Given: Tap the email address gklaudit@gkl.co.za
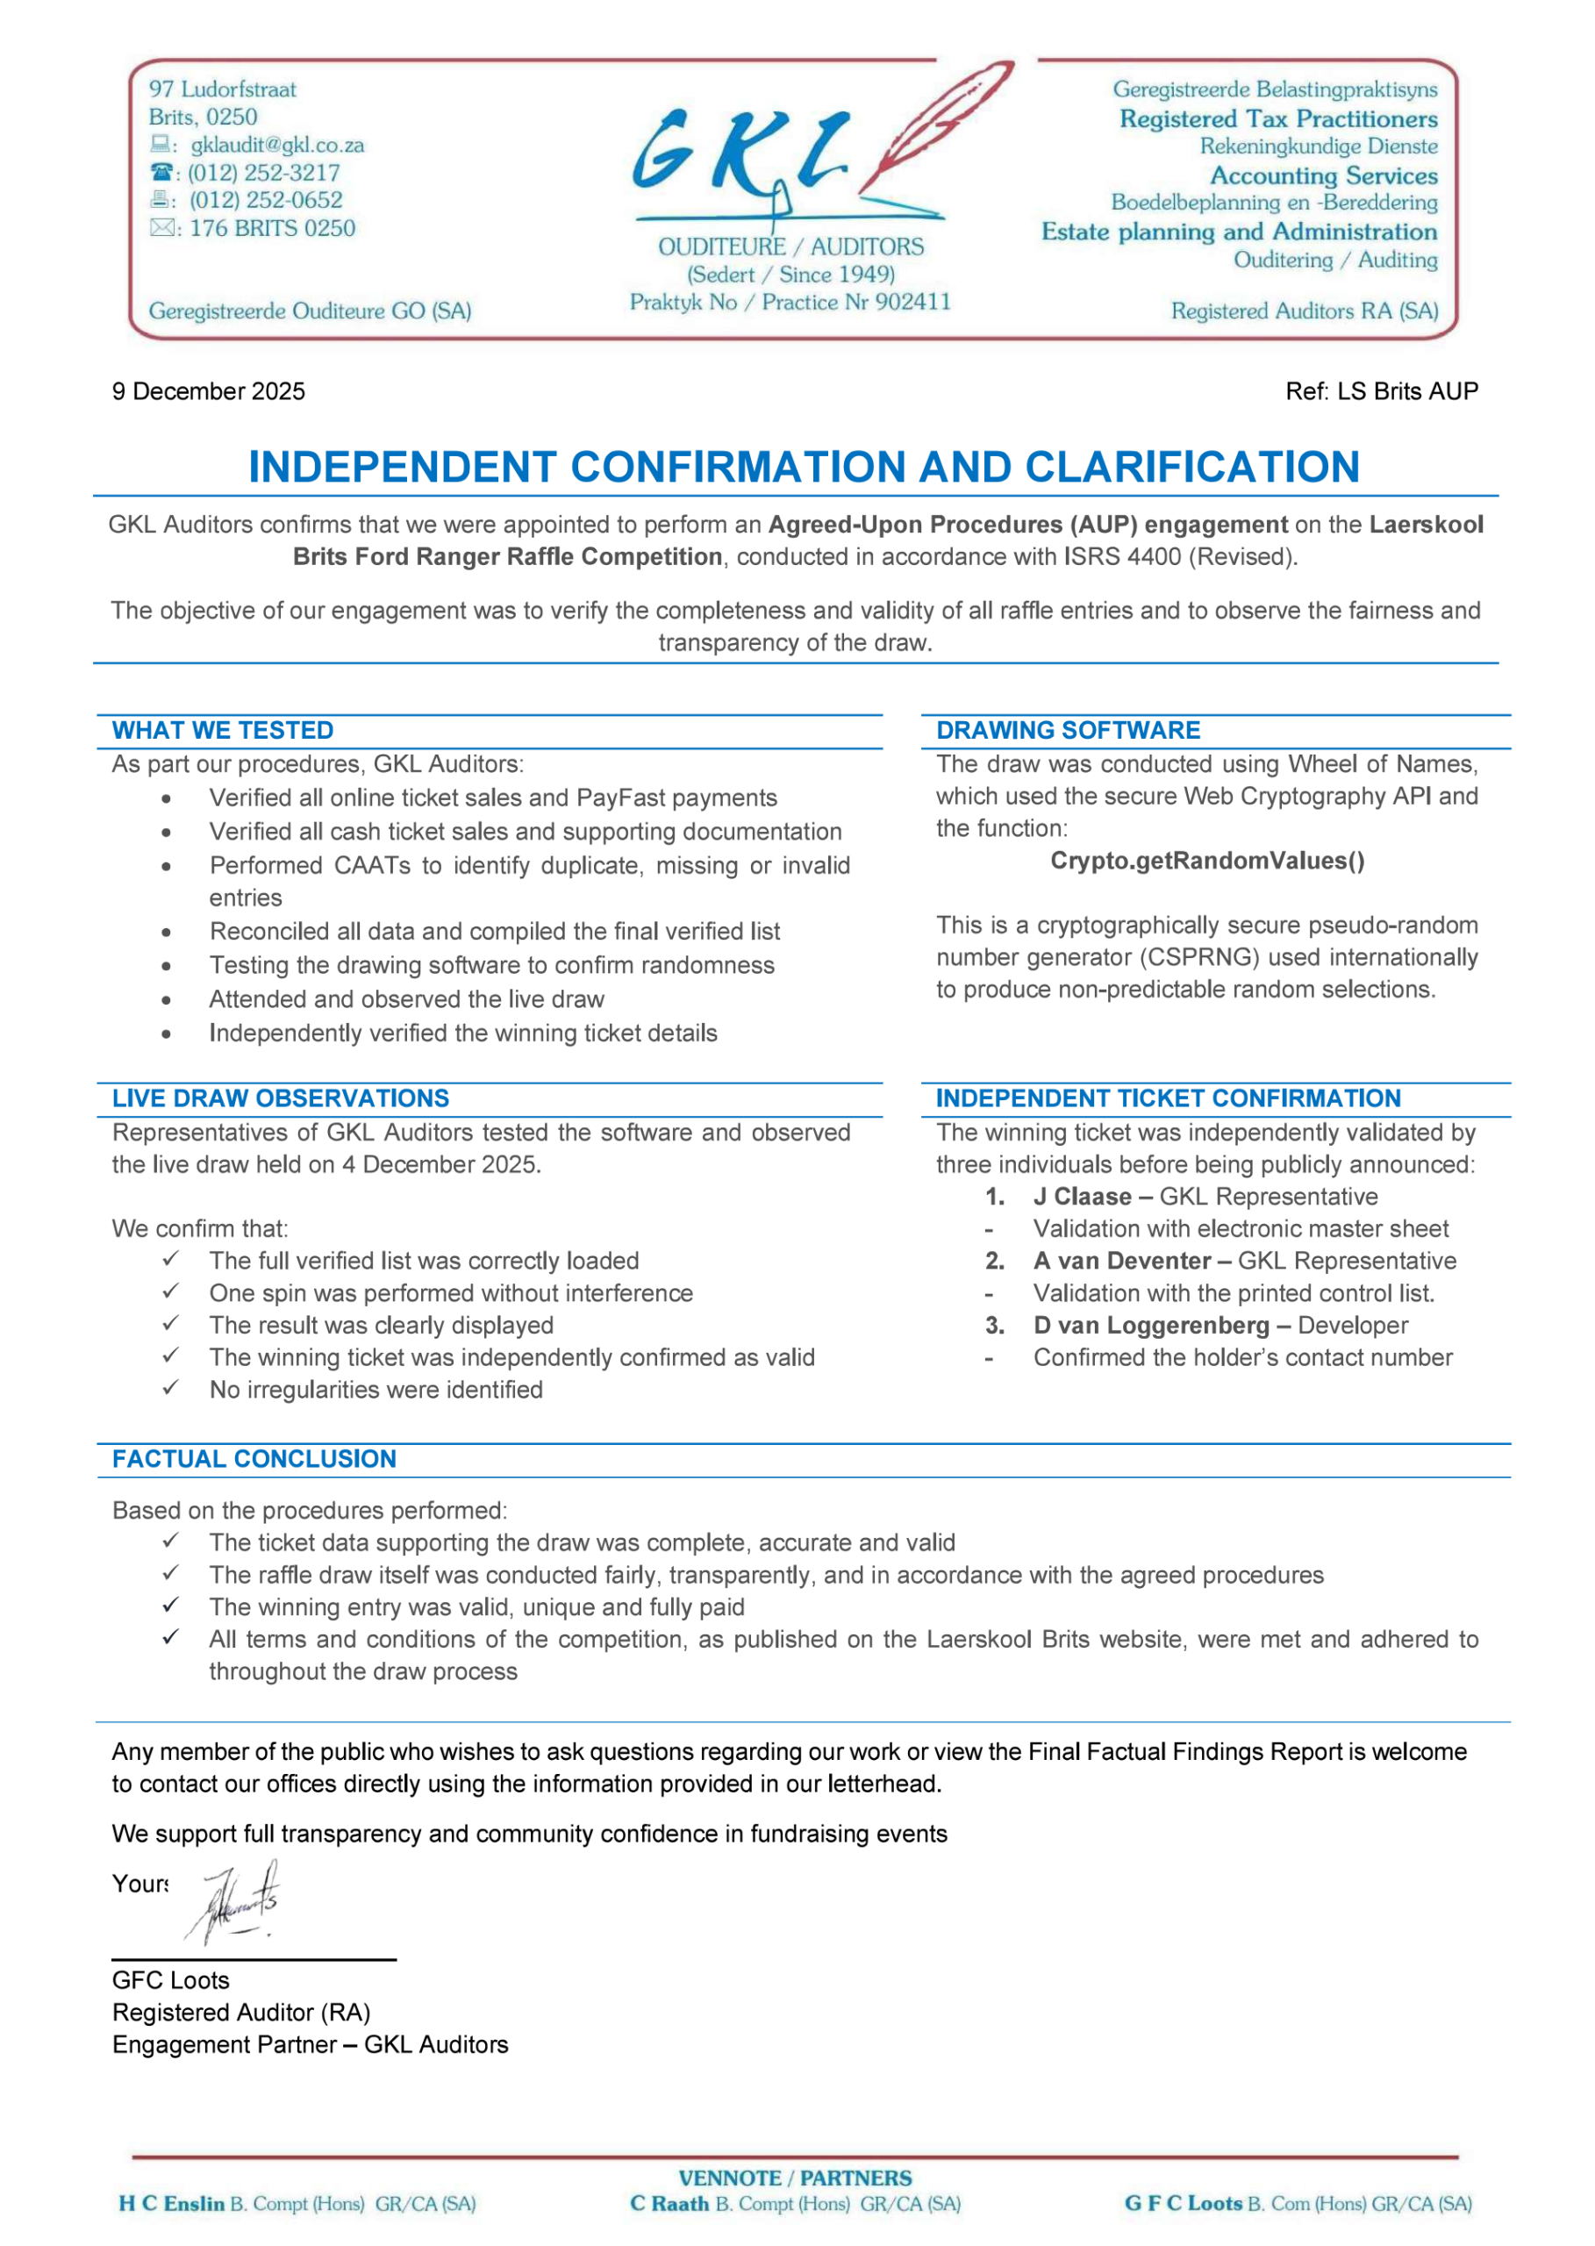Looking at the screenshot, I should point(277,146).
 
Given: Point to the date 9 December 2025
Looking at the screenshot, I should point(208,391).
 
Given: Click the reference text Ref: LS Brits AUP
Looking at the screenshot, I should point(1381,391).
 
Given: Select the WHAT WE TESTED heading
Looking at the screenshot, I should point(223,731).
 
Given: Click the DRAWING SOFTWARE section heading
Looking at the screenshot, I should point(1068,731).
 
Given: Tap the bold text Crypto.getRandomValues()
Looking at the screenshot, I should point(1207,862).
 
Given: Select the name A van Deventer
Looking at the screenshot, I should point(1121,1261).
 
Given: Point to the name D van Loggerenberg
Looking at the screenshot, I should point(1151,1326).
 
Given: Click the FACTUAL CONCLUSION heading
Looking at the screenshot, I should point(254,1458).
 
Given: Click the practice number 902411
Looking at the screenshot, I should point(912,303).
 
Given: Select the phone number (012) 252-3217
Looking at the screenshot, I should point(264,173).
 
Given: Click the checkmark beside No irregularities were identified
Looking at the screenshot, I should point(171,1389).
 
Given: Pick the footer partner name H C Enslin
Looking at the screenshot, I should point(172,2204).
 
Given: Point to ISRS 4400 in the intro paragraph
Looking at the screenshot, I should point(1121,557).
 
